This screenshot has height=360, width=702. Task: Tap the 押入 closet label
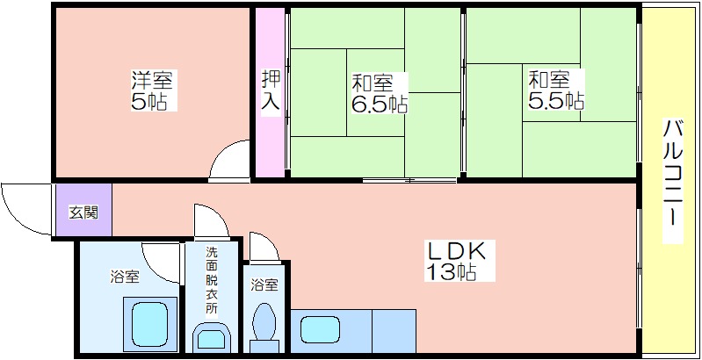(271, 90)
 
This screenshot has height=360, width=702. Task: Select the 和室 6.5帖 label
(379, 93)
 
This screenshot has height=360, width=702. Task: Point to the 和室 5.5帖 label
(555, 90)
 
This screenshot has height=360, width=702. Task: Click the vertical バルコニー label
(672, 181)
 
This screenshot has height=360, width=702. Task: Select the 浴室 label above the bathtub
(125, 277)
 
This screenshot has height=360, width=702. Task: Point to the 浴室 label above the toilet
(264, 284)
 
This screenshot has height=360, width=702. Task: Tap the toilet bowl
(264, 321)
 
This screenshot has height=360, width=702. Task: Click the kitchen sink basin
(320, 330)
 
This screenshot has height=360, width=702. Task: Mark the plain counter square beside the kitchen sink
(394, 331)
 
